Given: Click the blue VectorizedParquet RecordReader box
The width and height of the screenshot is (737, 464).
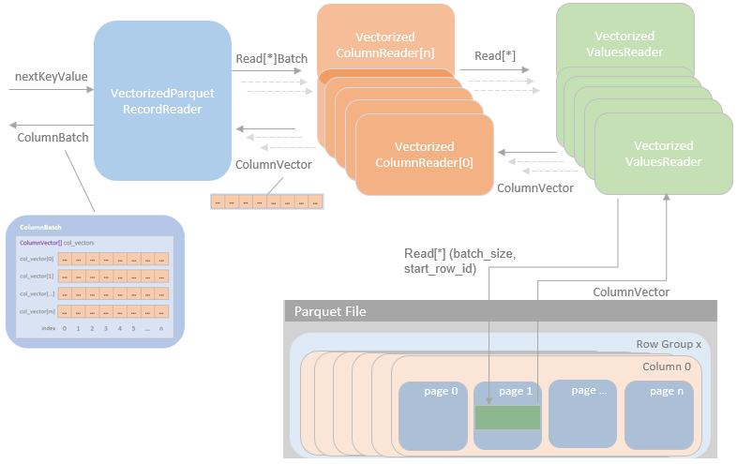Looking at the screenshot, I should click(x=162, y=101).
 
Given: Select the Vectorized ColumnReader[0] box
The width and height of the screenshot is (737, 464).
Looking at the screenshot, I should click(x=424, y=155).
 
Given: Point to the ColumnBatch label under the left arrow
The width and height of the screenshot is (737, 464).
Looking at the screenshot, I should click(x=53, y=137).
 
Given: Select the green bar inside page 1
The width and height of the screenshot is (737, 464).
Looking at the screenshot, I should click(x=507, y=417).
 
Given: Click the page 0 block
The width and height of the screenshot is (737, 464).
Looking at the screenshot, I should click(x=432, y=413).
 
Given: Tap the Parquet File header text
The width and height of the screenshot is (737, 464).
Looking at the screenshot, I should click(x=330, y=311).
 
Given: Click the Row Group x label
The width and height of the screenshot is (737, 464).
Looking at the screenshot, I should click(x=669, y=345).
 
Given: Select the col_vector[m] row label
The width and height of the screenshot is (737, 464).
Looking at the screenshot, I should click(x=37, y=310).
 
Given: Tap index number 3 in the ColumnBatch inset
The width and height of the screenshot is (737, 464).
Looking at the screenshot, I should click(x=105, y=328).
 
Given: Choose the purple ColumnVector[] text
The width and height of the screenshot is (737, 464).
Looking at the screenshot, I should click(x=39, y=243).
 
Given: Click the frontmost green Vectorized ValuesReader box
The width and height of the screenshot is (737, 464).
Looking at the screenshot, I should click(x=663, y=154).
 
